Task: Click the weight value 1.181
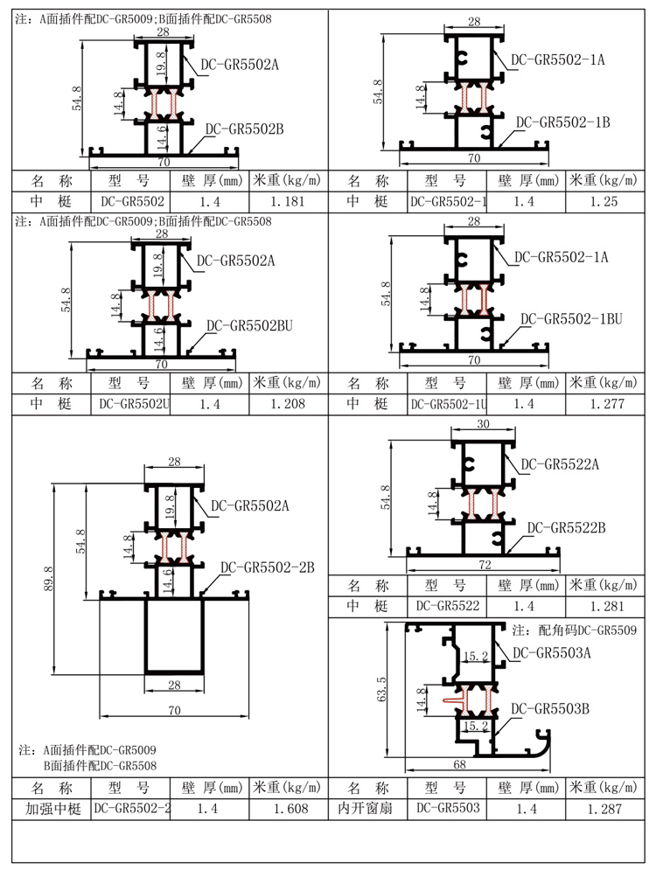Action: tap(288, 202)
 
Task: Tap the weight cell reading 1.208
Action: tap(288, 404)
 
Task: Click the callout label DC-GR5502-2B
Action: tap(267, 567)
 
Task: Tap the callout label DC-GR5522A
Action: tap(560, 464)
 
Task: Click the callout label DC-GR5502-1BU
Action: tap(571, 319)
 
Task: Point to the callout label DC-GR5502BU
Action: tap(249, 326)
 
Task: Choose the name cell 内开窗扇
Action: tap(367, 809)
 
